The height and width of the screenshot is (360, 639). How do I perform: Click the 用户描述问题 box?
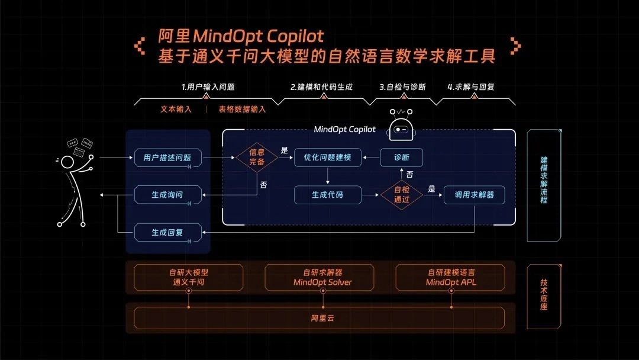[167, 158]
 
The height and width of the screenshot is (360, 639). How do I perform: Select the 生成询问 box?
[167, 194]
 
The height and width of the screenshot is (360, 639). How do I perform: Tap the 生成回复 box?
[167, 233]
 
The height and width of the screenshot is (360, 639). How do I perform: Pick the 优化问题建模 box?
[327, 157]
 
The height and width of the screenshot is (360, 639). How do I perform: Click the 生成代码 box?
[327, 194]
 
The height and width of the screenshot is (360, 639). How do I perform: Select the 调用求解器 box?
[474, 194]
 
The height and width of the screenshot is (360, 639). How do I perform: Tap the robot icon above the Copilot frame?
[402, 126]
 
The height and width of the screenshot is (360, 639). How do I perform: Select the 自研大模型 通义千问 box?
[188, 277]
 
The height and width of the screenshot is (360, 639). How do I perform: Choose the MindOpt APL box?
[451, 277]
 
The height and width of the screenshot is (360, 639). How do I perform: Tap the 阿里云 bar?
[319, 318]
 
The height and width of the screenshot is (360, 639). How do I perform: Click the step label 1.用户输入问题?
[208, 86]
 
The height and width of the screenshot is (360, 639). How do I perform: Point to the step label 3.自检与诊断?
[402, 86]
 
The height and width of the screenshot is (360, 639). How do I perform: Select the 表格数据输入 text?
[242, 109]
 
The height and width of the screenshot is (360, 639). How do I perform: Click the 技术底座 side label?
[544, 296]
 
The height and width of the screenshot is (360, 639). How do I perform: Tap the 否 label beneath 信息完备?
[263, 185]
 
